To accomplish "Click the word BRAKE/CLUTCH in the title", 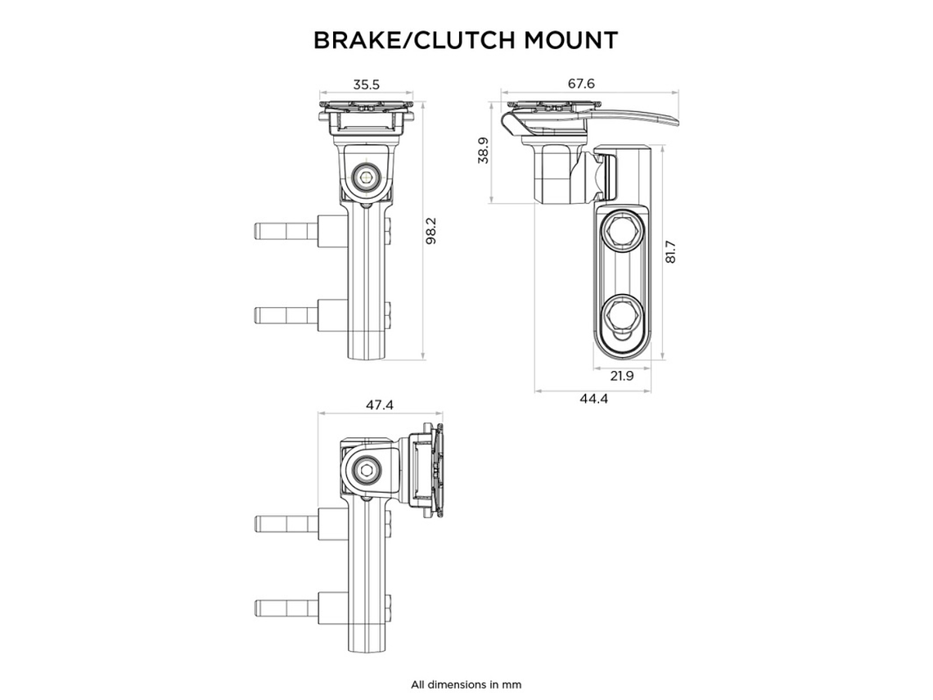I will (x=399, y=40).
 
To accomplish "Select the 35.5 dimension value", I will (x=366, y=84).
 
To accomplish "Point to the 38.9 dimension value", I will (x=483, y=151).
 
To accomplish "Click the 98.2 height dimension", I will (x=431, y=232).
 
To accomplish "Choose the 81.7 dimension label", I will (x=671, y=251).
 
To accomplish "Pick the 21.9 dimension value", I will (x=622, y=376).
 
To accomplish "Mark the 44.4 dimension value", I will (x=593, y=398).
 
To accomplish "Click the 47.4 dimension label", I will (x=379, y=405).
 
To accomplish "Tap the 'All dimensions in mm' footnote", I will (x=466, y=684).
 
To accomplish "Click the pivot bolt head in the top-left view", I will (x=366, y=177).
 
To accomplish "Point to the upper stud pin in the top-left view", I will (x=284, y=231).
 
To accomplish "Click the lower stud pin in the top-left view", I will (x=284, y=314).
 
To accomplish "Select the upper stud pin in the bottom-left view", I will (x=284, y=524).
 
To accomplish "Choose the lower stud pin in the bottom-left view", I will (x=284, y=607).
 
